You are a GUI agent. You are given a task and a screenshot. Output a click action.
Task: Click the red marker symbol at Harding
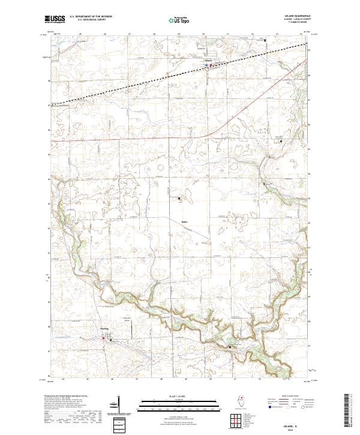104,338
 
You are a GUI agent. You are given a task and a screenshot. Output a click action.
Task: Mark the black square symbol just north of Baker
179,197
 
